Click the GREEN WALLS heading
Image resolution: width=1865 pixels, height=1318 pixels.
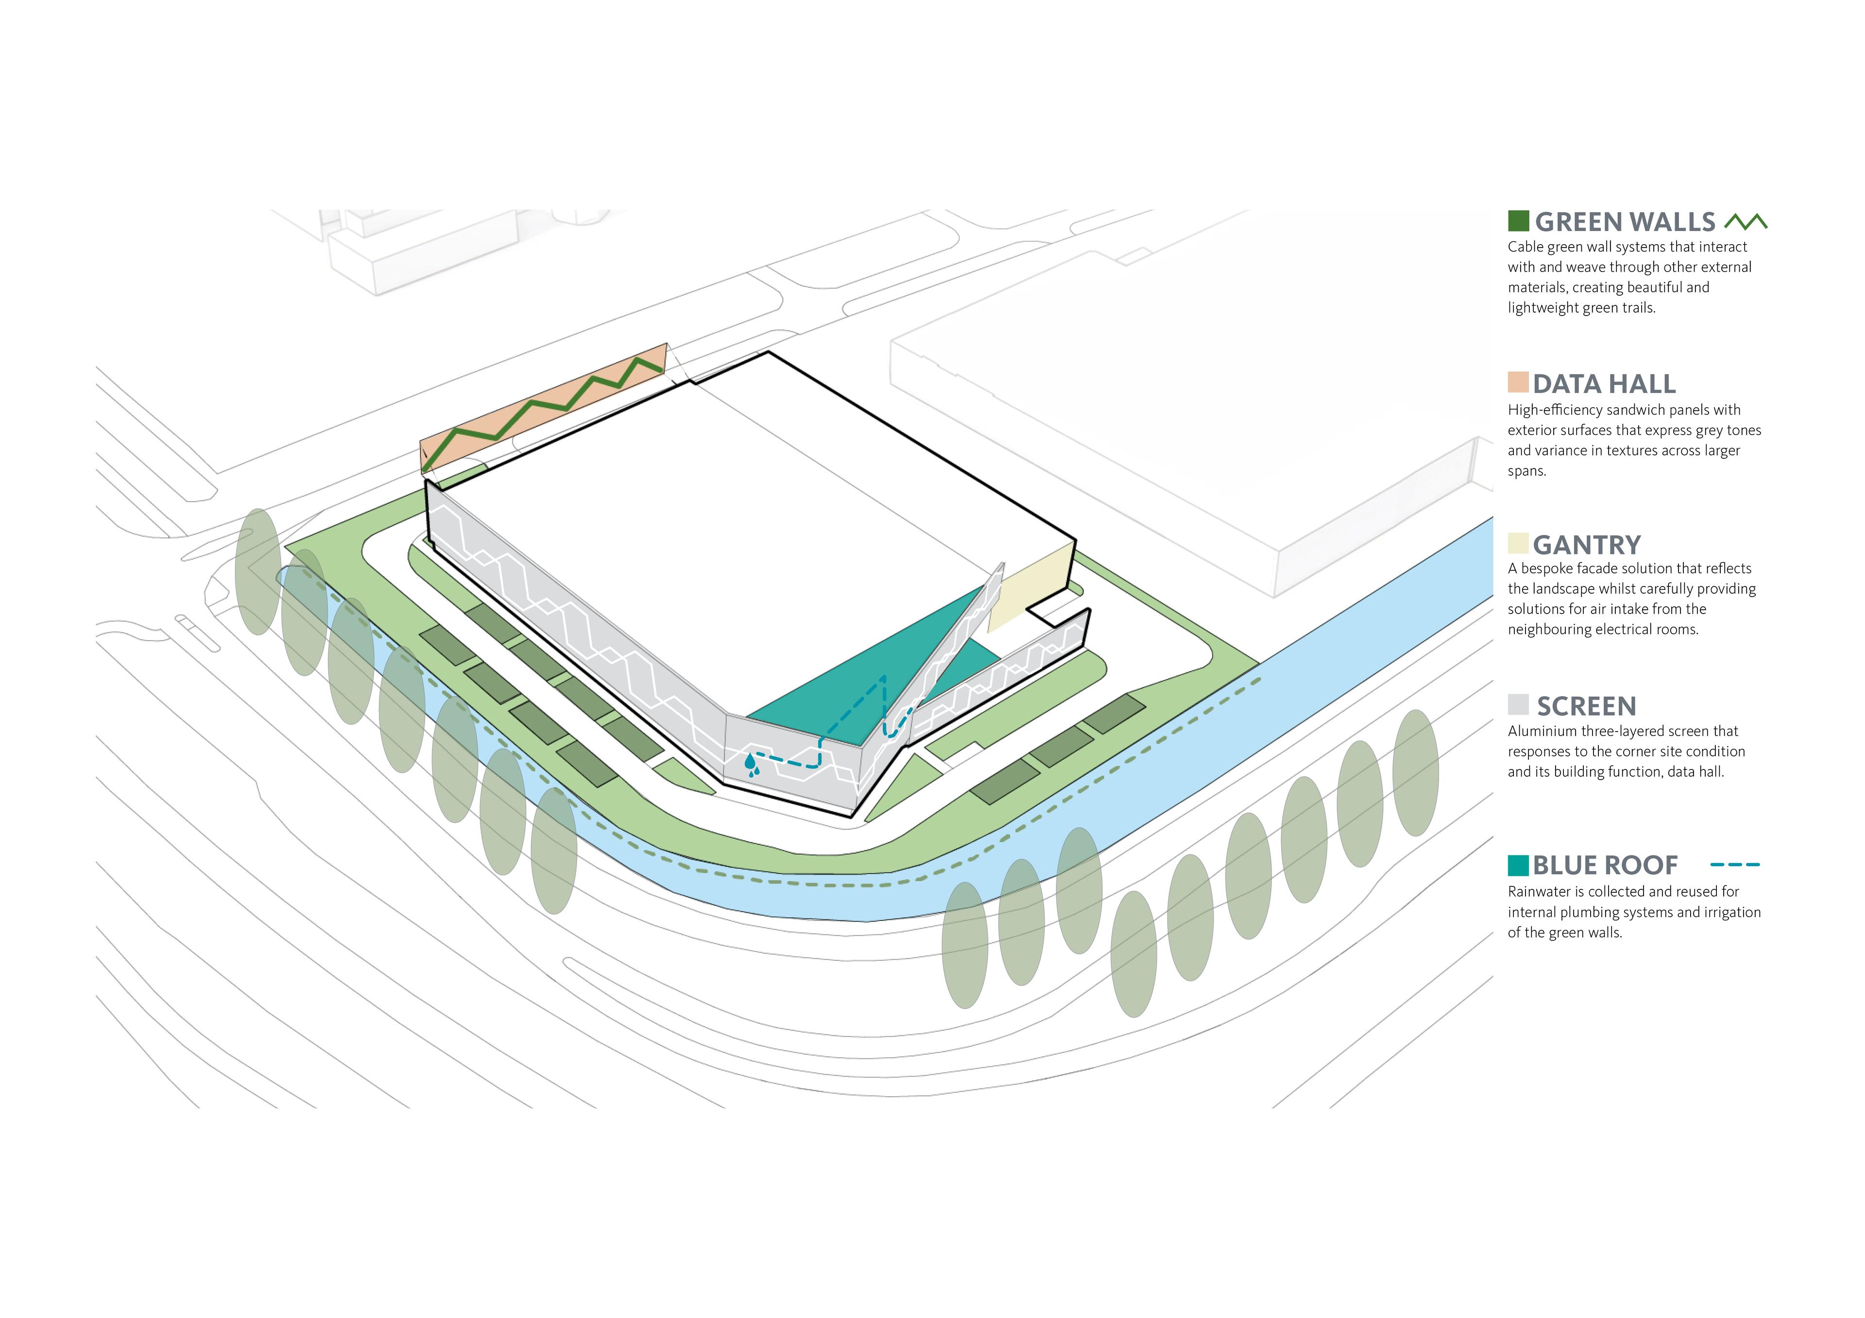coord(1625,222)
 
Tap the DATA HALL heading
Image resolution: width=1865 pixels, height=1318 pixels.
coord(1604,384)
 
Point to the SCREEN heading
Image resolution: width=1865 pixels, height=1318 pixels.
coord(1586,706)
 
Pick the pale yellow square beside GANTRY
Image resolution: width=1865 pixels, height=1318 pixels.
coord(1518,543)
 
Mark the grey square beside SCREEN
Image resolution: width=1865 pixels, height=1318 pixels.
coord(1518,704)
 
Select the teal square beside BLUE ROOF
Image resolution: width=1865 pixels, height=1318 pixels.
coord(1518,865)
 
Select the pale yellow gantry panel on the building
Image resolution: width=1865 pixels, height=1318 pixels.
coord(1030,589)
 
